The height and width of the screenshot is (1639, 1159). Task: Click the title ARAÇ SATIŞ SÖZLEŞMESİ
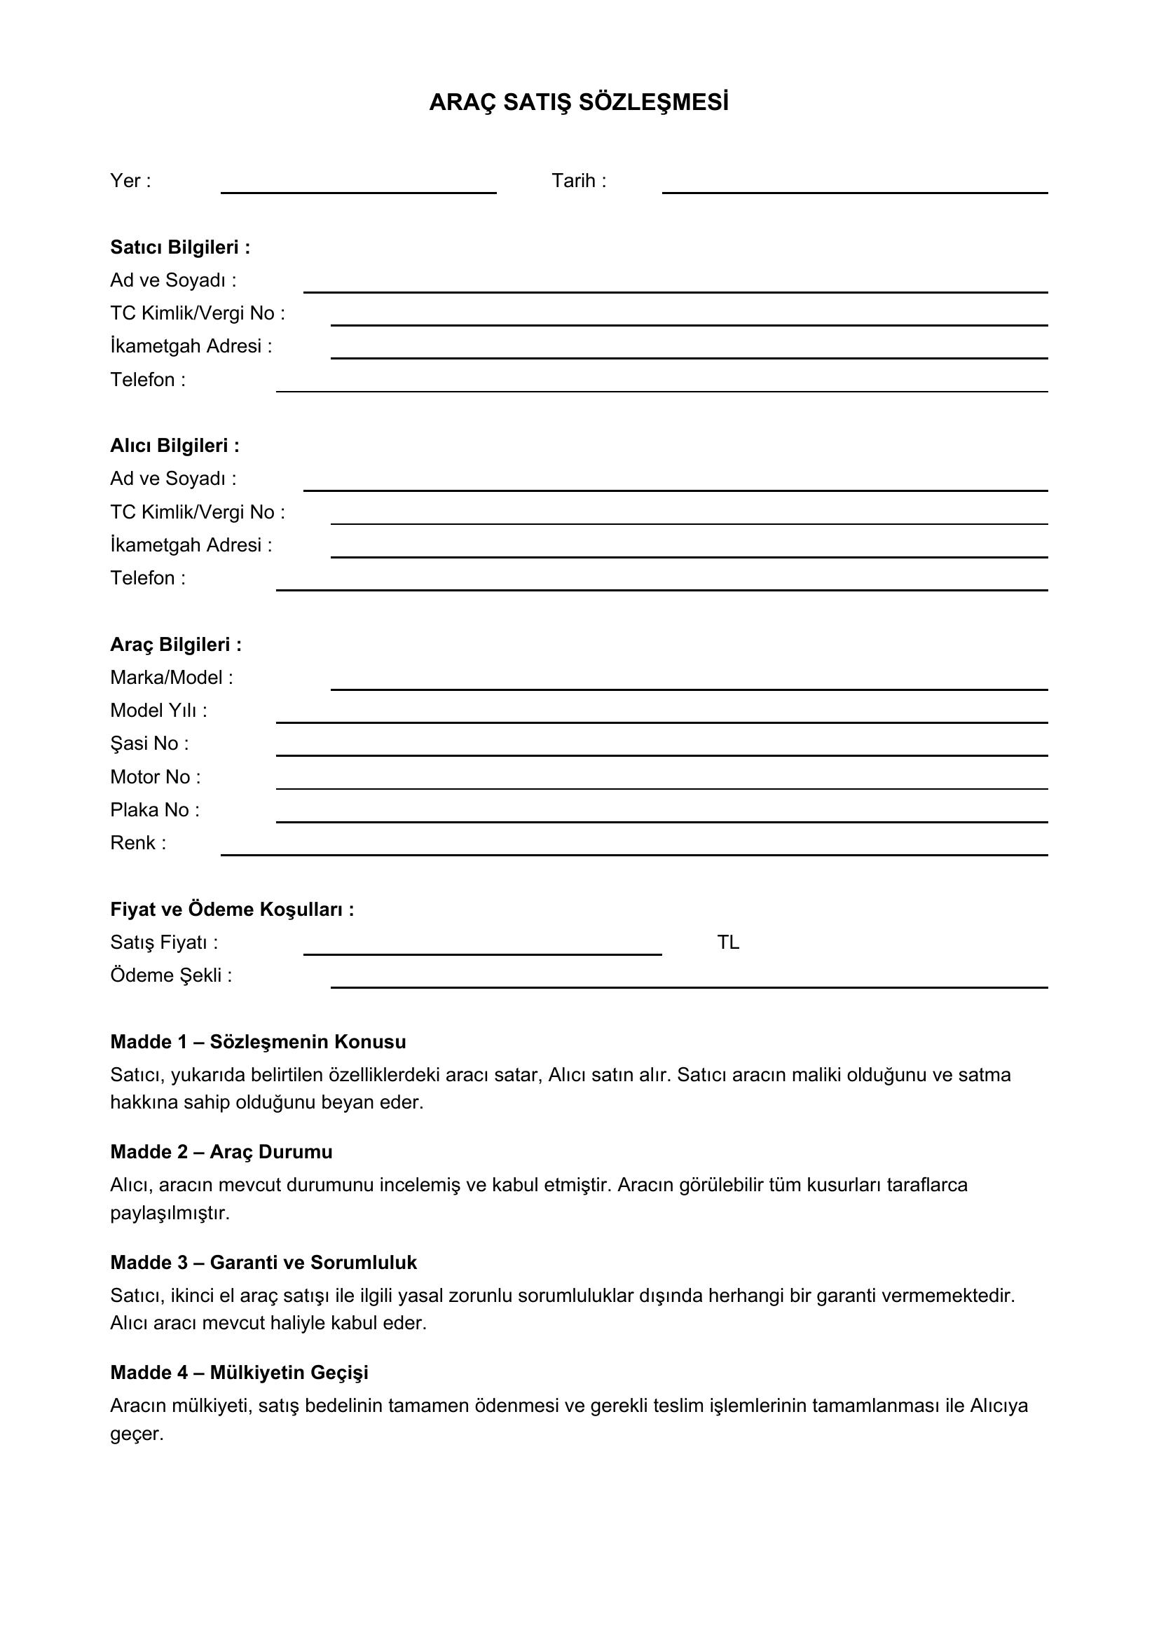click(x=579, y=103)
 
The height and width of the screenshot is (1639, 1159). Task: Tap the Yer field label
click(x=130, y=181)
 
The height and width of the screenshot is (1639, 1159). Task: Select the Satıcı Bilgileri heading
click(x=180, y=247)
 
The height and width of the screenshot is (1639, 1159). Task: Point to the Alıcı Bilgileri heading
click(x=175, y=446)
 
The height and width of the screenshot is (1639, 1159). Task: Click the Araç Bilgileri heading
click(x=176, y=645)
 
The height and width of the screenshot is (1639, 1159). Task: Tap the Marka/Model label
click(x=171, y=678)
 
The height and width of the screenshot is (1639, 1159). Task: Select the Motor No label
click(x=155, y=776)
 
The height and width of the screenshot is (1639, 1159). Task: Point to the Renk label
click(x=138, y=843)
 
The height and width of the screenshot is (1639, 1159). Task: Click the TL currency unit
click(x=728, y=943)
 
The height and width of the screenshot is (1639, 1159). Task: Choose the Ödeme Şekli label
click(x=170, y=976)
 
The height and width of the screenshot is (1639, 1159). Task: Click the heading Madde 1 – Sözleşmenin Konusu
click(x=258, y=1042)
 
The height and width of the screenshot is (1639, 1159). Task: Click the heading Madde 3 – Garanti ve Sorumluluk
click(x=263, y=1263)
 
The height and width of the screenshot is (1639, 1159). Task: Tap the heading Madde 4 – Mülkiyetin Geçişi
click(x=239, y=1373)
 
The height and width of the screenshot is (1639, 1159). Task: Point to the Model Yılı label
click(x=158, y=711)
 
